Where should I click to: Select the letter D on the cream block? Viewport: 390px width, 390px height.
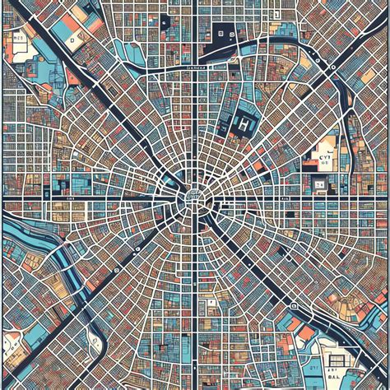tap(72, 39)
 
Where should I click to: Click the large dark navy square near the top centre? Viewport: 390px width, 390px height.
tap(222, 32)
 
